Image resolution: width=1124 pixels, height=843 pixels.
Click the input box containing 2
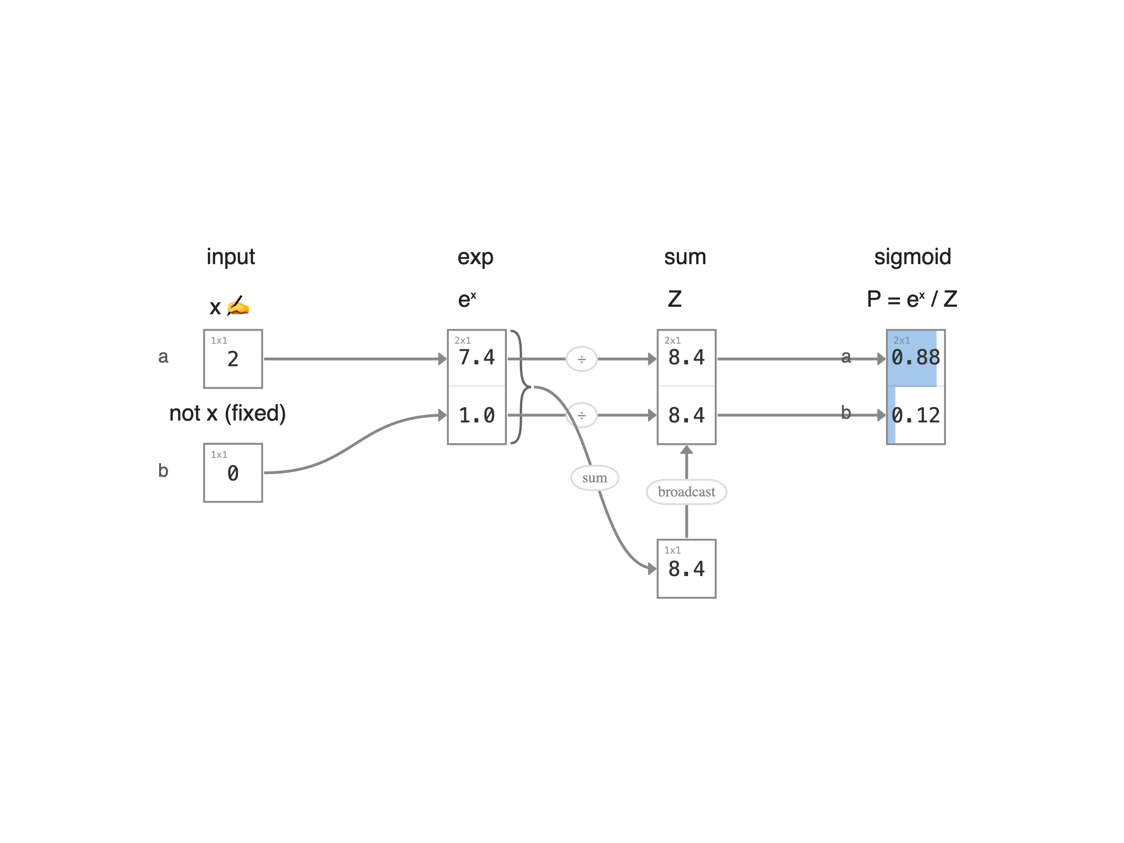233,359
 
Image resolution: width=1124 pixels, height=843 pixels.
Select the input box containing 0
233,473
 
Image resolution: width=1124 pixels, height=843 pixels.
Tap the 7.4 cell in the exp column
476,358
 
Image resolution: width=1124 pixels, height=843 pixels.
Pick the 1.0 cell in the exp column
476,415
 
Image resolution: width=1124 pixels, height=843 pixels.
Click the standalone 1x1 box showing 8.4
686,569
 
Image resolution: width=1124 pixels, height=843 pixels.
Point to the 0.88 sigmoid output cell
915,358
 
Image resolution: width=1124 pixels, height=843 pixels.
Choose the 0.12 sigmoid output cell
915,415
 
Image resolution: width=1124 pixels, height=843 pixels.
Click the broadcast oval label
686,492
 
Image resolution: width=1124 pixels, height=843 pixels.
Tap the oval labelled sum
594,478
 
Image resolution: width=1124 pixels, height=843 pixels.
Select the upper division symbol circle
581,359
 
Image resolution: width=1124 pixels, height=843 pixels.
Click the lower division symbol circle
581,415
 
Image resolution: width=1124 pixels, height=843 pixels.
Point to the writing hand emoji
238,306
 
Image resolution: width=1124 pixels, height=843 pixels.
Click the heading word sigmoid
912,257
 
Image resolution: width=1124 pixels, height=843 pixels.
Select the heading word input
230,257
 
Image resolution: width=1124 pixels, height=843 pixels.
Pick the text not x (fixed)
227,413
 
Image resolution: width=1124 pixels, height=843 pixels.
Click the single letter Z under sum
674,299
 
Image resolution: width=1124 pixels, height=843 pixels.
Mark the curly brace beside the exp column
519,387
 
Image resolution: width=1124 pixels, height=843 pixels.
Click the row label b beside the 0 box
163,471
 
